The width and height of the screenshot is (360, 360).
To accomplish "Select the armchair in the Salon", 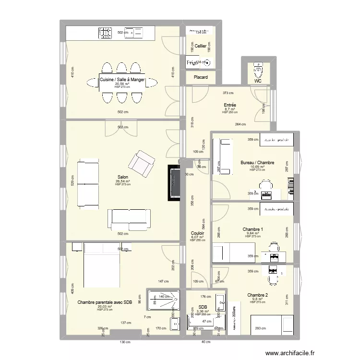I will click(143, 163).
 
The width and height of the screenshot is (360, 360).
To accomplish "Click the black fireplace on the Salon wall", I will click(174, 183).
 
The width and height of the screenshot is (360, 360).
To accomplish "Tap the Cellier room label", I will click(200, 46).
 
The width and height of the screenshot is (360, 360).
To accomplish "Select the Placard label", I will click(201, 77).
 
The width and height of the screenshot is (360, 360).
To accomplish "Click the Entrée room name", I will click(230, 105).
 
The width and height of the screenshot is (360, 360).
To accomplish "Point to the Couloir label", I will click(197, 233).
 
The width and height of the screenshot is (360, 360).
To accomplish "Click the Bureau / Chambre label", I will click(257, 163).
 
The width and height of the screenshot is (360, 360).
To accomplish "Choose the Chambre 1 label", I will click(252, 229).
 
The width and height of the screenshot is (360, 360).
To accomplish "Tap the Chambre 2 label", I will click(258, 295).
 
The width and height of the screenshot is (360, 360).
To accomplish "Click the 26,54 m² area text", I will click(122, 181).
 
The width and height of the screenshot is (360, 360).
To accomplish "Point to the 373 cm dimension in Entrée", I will click(228, 93).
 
